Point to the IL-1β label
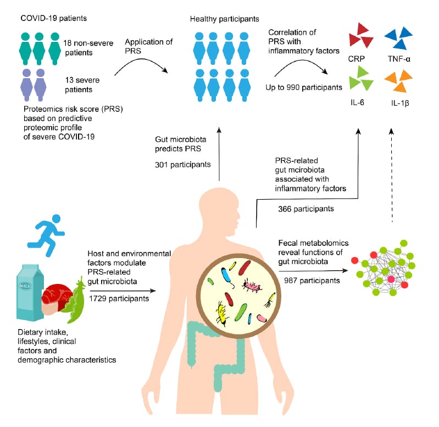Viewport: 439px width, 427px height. [401, 103]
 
